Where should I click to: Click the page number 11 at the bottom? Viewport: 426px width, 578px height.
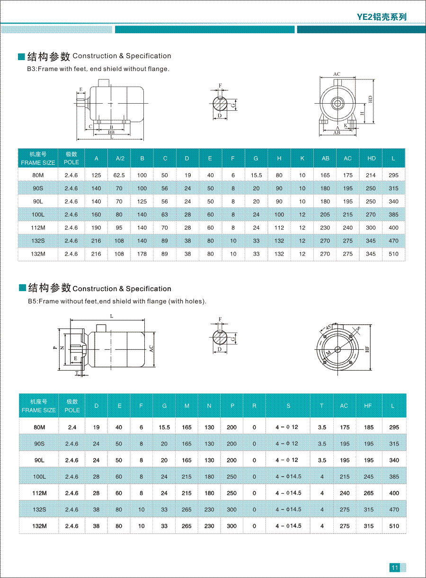[x=395, y=568]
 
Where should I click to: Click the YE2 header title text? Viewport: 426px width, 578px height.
[x=382, y=17]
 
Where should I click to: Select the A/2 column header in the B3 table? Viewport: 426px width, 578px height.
[x=119, y=158]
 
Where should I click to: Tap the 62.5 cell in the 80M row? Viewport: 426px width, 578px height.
[x=119, y=175]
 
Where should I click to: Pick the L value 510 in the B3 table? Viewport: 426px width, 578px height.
[x=393, y=254]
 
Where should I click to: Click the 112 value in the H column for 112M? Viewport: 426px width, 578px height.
[x=279, y=228]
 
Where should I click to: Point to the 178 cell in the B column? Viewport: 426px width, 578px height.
[x=142, y=254]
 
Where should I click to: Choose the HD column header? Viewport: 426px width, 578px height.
[x=371, y=158]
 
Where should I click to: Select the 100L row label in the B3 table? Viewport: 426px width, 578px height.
[x=38, y=214]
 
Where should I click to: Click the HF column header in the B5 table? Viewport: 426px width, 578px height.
[x=368, y=406]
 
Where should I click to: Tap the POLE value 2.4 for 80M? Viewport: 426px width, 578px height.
[x=72, y=427]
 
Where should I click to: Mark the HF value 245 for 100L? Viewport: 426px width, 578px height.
[x=369, y=477]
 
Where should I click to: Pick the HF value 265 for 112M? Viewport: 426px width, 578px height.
[x=369, y=493]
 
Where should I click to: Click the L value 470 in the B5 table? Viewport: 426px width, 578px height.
[x=394, y=510]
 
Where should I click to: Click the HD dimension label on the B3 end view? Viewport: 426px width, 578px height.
[x=371, y=99]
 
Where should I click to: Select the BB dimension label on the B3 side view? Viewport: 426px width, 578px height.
[x=111, y=133]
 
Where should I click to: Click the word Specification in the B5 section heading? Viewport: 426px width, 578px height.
[x=148, y=289]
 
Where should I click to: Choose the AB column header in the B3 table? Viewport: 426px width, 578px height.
[x=325, y=158]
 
